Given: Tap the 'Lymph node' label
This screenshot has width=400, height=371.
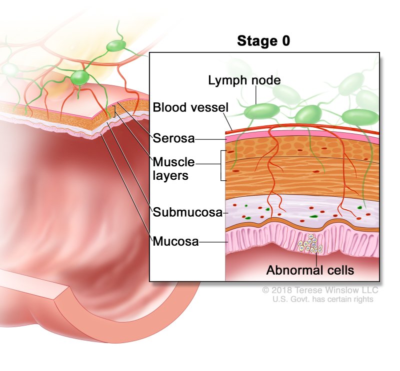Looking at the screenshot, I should (x=237, y=80).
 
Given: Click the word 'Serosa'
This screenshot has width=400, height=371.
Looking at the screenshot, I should (x=173, y=138).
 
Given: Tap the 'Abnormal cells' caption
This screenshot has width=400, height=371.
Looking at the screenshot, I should (x=310, y=271).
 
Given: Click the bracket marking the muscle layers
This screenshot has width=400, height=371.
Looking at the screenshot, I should (x=220, y=165).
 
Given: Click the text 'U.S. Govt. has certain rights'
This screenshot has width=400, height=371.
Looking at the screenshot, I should (x=323, y=299).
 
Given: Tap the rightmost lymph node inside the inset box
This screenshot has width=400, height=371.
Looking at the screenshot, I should (x=360, y=117).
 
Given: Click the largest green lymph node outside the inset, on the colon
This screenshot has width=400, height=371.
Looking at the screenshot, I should (x=79, y=77).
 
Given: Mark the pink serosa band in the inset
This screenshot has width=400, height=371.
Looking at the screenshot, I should (x=300, y=136).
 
